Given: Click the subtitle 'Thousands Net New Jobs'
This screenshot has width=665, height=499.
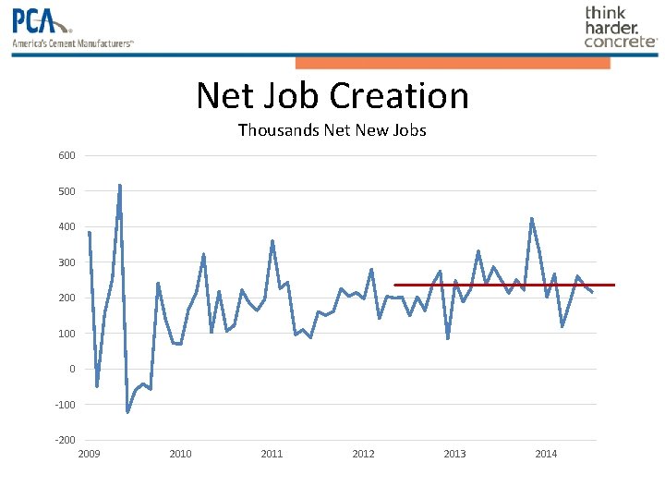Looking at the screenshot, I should [x=332, y=130].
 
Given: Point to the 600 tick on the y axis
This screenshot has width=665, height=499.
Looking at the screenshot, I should [x=66, y=155].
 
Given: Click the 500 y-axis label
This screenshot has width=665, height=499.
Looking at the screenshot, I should [x=66, y=191].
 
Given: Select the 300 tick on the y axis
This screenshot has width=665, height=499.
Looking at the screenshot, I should [x=66, y=262].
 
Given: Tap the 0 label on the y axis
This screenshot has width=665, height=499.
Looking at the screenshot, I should [x=71, y=369].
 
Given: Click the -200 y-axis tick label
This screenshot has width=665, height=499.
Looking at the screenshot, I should [x=65, y=440].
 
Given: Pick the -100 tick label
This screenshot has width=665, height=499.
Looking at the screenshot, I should [x=65, y=405].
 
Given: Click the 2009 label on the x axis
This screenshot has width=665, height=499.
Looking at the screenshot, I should [x=89, y=454].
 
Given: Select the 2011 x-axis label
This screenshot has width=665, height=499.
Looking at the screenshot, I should [x=272, y=454].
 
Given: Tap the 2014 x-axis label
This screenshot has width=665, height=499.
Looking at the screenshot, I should [x=546, y=454].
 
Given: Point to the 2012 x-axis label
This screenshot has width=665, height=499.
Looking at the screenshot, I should [x=363, y=454].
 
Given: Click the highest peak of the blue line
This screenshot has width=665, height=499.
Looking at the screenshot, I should [x=119, y=186].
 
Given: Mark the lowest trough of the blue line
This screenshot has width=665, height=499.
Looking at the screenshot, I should [x=127, y=412].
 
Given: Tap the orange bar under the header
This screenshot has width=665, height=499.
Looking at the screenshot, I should [x=453, y=63].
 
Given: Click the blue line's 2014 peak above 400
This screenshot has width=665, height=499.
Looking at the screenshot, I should [x=531, y=219].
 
